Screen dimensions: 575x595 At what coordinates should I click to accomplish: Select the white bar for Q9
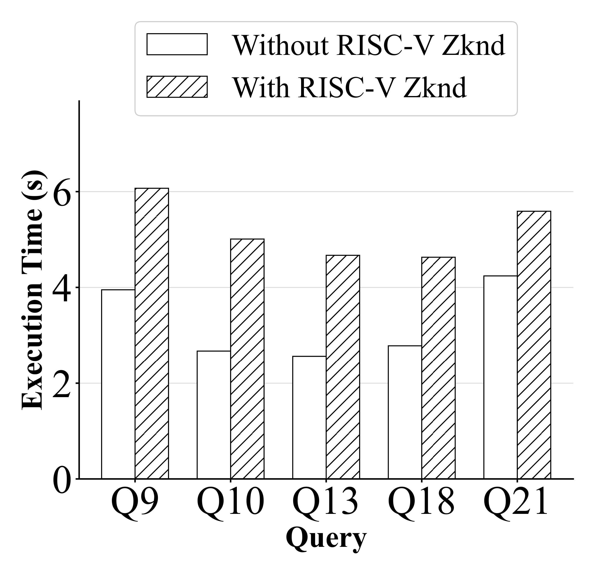tap(118, 384)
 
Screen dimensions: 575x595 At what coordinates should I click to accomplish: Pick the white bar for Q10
tap(214, 415)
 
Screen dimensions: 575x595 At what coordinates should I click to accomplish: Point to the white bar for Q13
tap(309, 417)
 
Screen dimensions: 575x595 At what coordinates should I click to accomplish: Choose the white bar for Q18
tap(405, 412)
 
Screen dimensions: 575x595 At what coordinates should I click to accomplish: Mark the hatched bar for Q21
tap(534, 345)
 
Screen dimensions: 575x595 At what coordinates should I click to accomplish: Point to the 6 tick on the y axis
tap(62, 192)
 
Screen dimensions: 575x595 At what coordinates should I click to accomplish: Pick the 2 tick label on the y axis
tap(62, 383)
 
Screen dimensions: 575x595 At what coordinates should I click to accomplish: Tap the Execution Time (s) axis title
tap(33, 290)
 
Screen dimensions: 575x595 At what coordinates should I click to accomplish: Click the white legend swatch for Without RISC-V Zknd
tap(177, 44)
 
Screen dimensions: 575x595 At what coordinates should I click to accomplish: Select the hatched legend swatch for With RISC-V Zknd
tap(177, 87)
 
